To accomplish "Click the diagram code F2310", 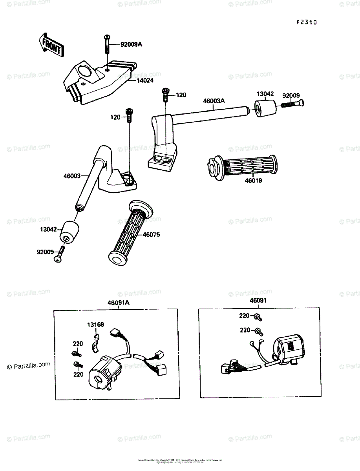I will [306, 22].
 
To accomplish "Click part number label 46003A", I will [214, 101].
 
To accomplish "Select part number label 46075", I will [151, 235].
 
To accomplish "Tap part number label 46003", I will [71, 176].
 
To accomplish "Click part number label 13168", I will [95, 325].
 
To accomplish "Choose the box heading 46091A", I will [119, 303].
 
